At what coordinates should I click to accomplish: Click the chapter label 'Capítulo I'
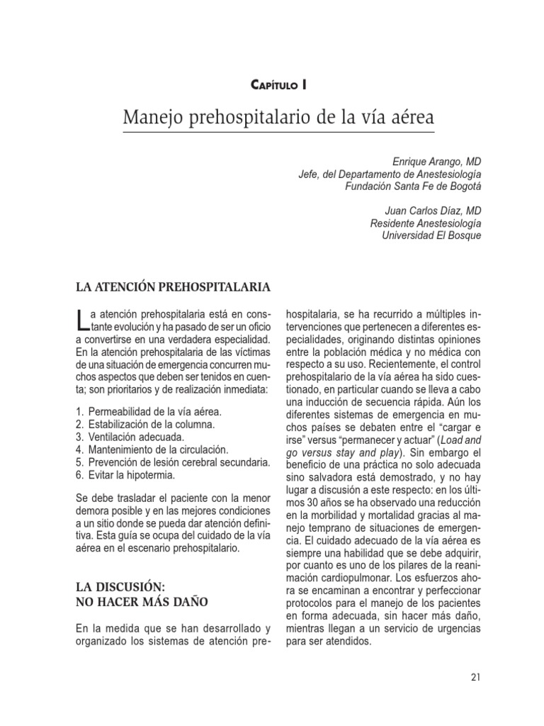278,85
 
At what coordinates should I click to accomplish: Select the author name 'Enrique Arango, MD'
437,162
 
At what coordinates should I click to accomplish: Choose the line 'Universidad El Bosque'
431,235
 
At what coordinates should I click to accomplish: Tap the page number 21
475,677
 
